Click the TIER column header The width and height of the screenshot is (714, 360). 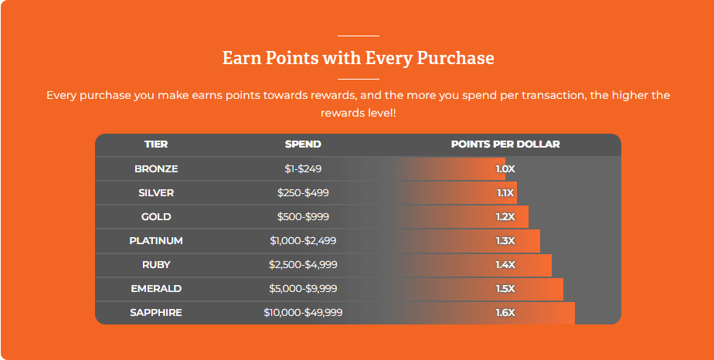[156, 144]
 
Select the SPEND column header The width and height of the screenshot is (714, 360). [303, 144]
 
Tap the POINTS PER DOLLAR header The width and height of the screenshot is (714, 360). [505, 144]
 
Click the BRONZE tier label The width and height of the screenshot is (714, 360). [156, 169]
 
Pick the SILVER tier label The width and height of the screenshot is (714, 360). [156, 193]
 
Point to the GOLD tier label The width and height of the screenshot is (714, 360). [156, 217]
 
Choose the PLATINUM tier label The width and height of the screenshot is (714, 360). [156, 241]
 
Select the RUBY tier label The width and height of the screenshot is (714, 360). [156, 265]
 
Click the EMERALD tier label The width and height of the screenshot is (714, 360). [156, 289]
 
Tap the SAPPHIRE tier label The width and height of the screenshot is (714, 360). [156, 313]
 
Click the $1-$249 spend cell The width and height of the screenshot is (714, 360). [303, 169]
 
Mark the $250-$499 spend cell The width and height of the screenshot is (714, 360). [303, 193]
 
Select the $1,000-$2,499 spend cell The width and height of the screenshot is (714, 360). [303, 241]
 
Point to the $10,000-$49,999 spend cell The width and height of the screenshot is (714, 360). [303, 313]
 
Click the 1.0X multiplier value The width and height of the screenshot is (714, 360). [505, 169]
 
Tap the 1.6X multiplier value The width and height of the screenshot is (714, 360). [505, 313]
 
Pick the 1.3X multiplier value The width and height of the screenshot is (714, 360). [505, 241]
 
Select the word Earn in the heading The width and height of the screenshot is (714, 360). [241, 58]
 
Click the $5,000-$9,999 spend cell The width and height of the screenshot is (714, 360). [303, 289]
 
